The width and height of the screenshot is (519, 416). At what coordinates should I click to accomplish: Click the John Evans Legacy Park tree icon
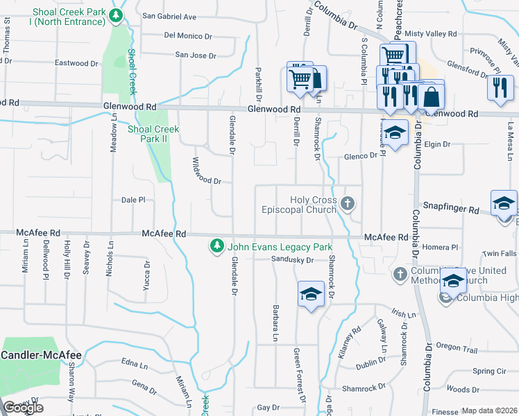coord(217,246)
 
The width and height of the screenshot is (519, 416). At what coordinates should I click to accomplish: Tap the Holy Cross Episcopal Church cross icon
coord(348,204)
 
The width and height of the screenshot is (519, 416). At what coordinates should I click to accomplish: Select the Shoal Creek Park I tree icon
coord(118,16)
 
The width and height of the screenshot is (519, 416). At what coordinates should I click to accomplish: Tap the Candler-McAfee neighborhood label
coord(41,355)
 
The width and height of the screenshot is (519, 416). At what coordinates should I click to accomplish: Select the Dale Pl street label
coord(133,200)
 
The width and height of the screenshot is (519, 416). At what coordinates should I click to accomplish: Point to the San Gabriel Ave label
coord(169,17)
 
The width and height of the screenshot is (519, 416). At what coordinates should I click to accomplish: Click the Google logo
coord(23,408)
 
